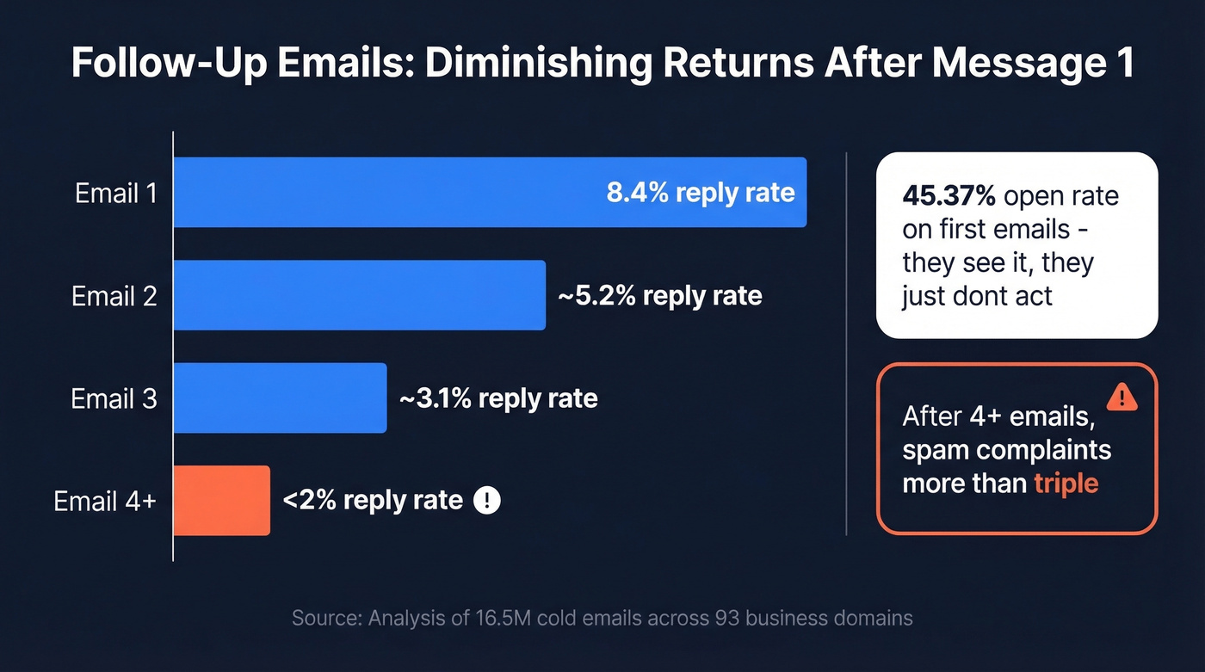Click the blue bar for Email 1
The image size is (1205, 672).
387,193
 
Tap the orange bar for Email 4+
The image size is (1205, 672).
222,500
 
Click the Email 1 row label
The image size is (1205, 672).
116,193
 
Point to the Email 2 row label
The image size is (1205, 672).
114,296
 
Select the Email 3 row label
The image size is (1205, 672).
114,398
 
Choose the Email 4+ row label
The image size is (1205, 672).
105,501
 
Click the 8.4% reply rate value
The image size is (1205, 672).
701,192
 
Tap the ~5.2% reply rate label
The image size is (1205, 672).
659,296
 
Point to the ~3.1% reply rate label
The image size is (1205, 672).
498,398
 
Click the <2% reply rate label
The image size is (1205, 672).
373,500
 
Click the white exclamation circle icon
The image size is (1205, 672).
487,500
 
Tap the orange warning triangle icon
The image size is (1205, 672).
1122,397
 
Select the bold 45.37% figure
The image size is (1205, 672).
949,196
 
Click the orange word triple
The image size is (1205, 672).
1066,483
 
